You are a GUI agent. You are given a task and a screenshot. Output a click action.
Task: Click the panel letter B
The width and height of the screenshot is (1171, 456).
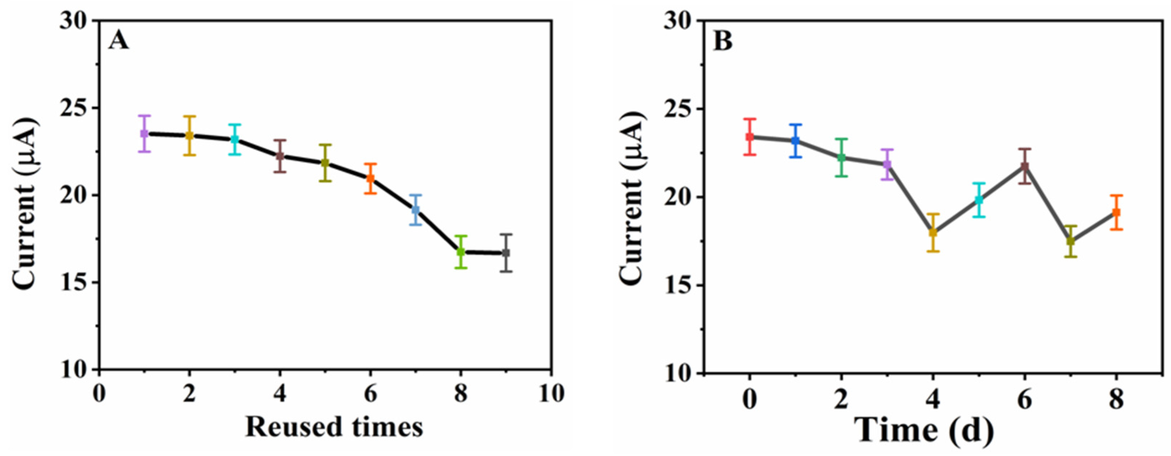click(723, 42)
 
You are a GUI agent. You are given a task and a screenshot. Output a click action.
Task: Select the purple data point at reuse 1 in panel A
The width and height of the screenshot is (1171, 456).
click(144, 134)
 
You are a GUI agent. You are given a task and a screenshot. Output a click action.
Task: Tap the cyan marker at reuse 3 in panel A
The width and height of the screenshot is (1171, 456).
click(235, 139)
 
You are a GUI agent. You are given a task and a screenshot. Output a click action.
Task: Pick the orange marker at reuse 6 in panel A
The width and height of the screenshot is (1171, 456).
click(370, 178)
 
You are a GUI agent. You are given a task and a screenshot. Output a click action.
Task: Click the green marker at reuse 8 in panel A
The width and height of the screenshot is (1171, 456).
click(461, 252)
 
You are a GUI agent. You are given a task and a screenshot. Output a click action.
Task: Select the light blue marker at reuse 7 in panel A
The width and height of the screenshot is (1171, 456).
click(416, 210)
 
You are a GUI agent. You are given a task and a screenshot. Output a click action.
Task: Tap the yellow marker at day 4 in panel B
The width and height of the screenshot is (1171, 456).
click(933, 233)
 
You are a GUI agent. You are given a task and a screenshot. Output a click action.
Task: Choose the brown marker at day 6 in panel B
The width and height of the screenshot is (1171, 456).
click(1024, 166)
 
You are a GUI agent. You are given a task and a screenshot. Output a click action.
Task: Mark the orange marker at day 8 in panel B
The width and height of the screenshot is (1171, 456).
click(1116, 213)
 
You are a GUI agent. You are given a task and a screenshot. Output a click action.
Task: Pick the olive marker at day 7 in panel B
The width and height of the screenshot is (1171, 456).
click(1071, 241)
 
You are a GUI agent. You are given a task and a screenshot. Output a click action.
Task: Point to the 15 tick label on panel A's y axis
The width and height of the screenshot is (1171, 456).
click(74, 282)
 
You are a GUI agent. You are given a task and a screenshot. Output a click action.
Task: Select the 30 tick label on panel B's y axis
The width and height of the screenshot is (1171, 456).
click(678, 22)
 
